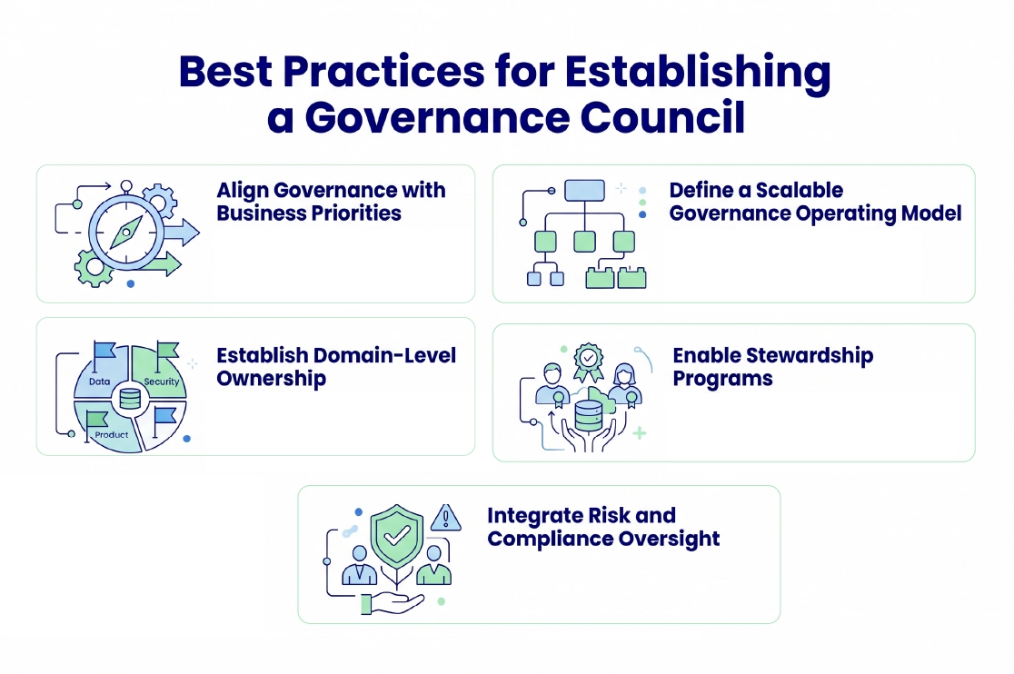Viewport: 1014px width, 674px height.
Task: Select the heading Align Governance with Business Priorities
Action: click(331, 202)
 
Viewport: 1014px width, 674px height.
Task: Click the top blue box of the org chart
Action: click(584, 190)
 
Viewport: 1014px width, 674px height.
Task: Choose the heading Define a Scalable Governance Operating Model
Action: click(815, 202)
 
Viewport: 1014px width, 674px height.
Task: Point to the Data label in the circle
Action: click(100, 382)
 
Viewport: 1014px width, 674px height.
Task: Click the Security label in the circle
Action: click(162, 382)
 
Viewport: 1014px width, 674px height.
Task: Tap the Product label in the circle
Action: click(112, 435)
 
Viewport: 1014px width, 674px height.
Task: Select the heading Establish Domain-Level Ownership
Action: click(336, 366)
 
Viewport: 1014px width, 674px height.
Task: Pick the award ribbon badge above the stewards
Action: click(590, 361)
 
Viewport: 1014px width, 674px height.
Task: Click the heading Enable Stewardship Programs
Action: click(772, 366)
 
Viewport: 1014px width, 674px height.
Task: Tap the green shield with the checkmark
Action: click(397, 535)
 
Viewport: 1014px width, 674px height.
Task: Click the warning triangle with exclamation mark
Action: click(445, 518)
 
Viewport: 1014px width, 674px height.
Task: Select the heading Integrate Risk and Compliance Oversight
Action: click(603, 527)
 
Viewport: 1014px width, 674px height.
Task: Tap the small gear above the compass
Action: click(160, 199)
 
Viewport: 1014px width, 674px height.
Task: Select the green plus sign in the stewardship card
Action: click(640, 433)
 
